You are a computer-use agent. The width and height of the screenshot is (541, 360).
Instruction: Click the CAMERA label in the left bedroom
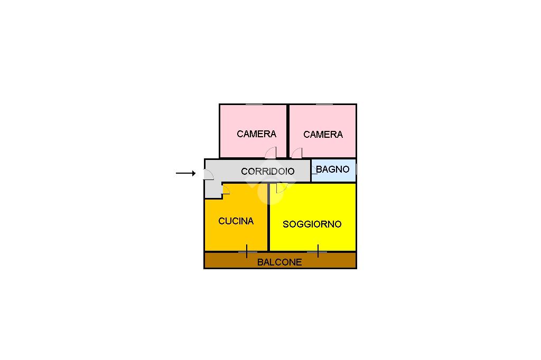point(256,134)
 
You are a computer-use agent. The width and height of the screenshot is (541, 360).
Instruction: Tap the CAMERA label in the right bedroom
point(323,134)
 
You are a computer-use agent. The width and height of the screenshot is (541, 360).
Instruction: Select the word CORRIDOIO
point(268,171)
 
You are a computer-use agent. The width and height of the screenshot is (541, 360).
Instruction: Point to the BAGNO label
point(333,169)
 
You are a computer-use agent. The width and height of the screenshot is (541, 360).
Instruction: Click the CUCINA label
point(236,221)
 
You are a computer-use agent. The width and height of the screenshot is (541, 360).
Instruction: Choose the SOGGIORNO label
point(312,224)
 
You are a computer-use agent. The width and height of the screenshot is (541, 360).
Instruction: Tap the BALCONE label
point(279,262)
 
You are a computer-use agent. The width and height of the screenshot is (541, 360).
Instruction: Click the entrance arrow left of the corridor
point(185,173)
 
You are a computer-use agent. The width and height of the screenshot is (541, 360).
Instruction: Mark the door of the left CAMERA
point(271,153)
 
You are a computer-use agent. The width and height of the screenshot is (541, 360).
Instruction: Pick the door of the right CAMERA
point(297,153)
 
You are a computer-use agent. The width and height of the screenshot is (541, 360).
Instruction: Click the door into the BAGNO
point(314,169)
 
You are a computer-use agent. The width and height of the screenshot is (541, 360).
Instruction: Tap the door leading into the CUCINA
point(226,190)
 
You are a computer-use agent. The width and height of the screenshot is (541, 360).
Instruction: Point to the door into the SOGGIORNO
point(282,188)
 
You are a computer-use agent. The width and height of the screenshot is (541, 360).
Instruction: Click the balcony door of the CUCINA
point(247,251)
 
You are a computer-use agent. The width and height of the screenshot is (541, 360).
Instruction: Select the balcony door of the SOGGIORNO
point(318,251)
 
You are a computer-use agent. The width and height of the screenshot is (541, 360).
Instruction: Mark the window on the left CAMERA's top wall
point(254,104)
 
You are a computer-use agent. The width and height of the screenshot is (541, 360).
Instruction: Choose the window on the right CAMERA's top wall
point(324,104)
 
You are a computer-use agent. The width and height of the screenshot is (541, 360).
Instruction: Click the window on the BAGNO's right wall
point(356,169)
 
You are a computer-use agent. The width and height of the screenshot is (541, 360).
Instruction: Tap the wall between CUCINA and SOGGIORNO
point(268,217)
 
